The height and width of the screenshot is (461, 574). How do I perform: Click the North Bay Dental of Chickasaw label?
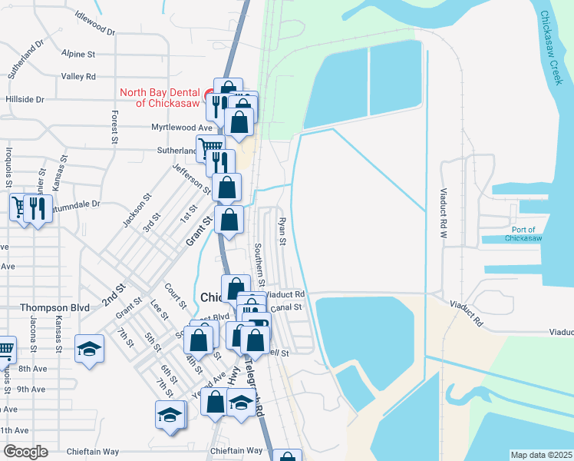pos(160,98)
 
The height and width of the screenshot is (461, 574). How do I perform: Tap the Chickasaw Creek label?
pos(552,48)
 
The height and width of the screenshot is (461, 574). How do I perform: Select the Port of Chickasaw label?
pos(527,234)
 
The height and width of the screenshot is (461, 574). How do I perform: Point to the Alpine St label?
pos(79,55)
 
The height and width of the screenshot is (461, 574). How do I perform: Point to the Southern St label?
pos(259,266)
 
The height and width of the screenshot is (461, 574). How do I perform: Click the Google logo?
pos(25,452)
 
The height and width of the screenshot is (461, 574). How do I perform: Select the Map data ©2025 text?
pos(541,455)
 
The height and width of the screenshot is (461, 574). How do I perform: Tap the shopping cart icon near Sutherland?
pos(209,147)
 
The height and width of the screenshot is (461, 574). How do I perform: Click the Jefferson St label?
pos(191,178)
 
